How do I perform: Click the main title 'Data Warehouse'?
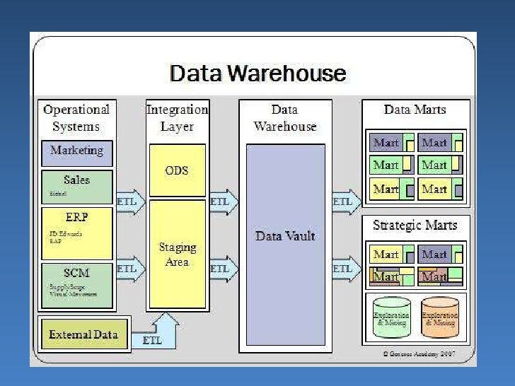coord(257,74)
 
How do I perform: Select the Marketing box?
coord(76,151)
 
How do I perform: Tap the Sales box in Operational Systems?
coord(76,187)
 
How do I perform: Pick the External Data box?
coord(83,334)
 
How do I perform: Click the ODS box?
coord(177,170)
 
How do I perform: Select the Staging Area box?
coord(177,255)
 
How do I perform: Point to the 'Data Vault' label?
coord(285,236)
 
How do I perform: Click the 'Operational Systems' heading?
coord(76,118)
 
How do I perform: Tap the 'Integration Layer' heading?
coord(177,118)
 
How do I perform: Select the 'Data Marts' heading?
coord(416,110)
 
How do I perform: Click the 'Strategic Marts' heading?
coord(415,226)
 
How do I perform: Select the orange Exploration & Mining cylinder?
coord(439,317)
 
